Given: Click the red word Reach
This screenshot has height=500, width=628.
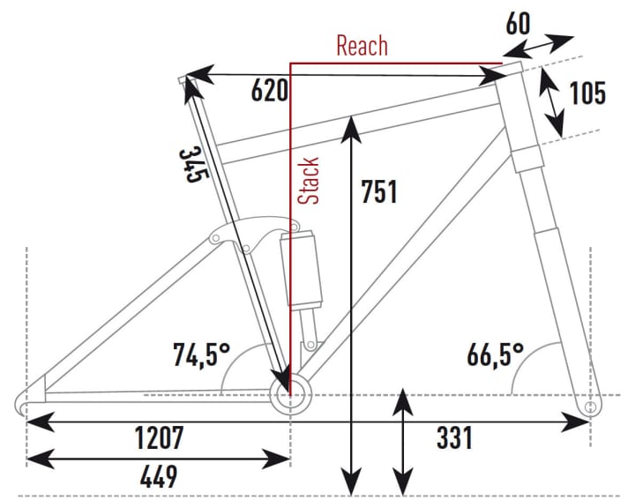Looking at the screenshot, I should pyautogui.click(x=362, y=46).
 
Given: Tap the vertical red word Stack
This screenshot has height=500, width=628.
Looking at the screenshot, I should pyautogui.click(x=308, y=181).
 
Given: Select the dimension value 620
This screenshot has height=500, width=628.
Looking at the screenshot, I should pyautogui.click(x=269, y=91).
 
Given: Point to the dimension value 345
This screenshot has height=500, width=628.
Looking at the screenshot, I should pyautogui.click(x=191, y=164).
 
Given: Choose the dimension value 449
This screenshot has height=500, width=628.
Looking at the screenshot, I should pyautogui.click(x=159, y=477).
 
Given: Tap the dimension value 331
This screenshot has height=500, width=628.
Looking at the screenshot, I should pyautogui.click(x=453, y=437).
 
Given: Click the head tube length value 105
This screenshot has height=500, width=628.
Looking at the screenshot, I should pyautogui.click(x=587, y=93).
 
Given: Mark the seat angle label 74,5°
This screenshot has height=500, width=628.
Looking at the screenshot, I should pyautogui.click(x=200, y=355).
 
